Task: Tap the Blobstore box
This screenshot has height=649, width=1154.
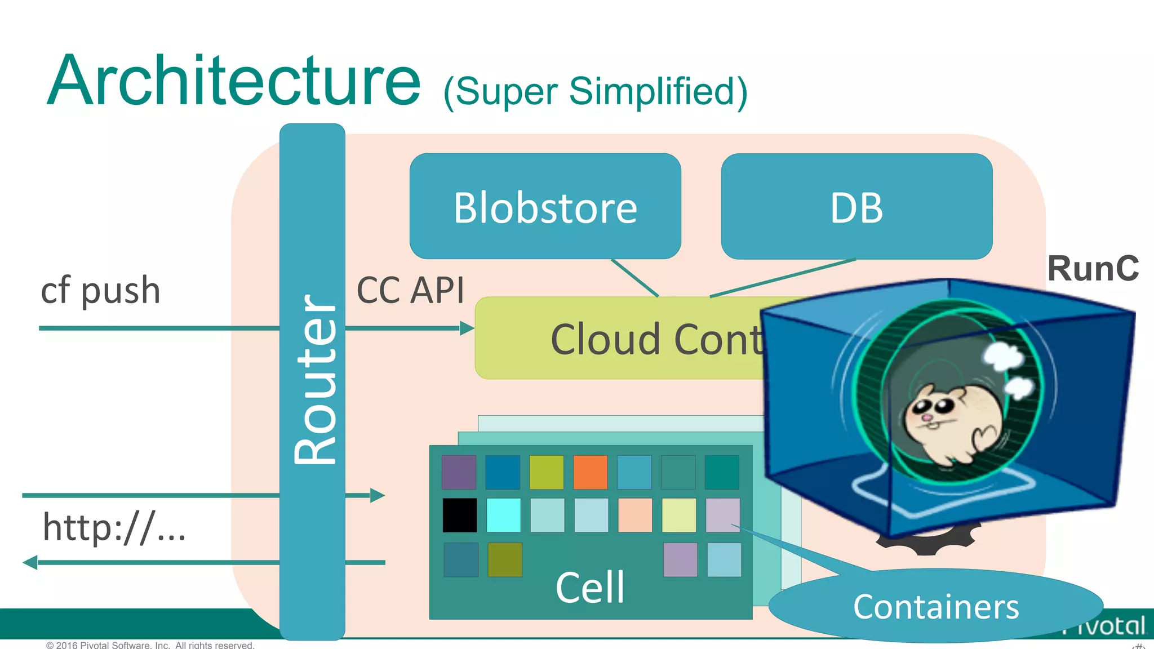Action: (545, 207)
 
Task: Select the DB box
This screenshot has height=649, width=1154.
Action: (856, 207)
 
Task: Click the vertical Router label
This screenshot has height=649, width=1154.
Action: (314, 380)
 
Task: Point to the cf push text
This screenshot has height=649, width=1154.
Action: (100, 291)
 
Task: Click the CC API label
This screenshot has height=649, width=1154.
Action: (410, 291)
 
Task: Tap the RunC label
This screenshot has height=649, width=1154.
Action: (1093, 269)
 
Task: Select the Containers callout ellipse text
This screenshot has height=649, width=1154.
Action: (935, 607)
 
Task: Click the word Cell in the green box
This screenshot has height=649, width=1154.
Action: (590, 588)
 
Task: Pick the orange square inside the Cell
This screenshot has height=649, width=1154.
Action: (590, 472)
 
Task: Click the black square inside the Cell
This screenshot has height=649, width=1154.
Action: (459, 515)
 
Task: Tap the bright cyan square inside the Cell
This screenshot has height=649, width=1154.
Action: (503, 515)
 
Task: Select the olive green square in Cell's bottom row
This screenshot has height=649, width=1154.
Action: (504, 559)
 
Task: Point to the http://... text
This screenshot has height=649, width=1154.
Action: (114, 528)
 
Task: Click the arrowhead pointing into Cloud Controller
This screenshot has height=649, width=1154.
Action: (467, 328)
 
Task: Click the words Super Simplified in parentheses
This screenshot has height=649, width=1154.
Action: (596, 91)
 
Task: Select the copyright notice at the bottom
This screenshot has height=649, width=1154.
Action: (150, 644)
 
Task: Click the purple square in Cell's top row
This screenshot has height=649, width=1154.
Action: (459, 472)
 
